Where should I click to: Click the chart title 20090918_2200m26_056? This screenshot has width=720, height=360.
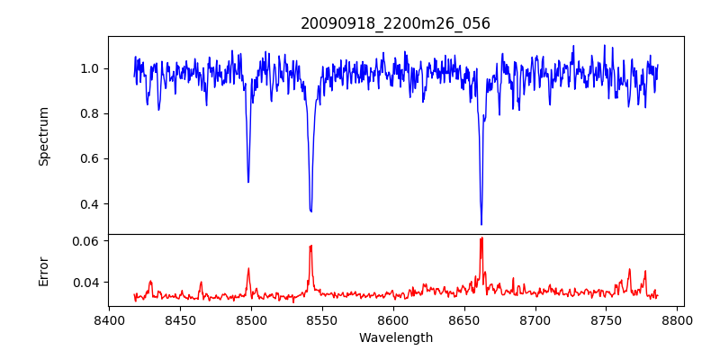click(x=395, y=23)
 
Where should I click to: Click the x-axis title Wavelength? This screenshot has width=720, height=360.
click(x=395, y=337)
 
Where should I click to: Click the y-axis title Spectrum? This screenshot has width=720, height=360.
click(x=43, y=136)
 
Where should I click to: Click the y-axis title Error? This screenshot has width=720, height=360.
click(x=43, y=271)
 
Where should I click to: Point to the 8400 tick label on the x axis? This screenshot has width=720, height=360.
click(x=109, y=319)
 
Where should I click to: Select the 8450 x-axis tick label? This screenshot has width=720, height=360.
click(x=180, y=319)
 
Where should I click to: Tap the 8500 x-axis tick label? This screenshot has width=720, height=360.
click(x=251, y=319)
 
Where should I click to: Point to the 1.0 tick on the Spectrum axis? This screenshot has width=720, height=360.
click(x=90, y=68)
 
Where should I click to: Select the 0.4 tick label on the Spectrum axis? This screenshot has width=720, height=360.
click(x=90, y=203)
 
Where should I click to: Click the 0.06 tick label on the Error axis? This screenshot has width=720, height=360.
click(x=86, y=241)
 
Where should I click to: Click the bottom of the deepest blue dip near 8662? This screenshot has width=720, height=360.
click(x=481, y=224)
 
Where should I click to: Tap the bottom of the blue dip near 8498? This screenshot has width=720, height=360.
click(x=248, y=182)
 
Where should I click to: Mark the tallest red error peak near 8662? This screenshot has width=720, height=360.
click(x=481, y=238)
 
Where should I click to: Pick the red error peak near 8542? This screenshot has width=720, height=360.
click(x=310, y=246)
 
